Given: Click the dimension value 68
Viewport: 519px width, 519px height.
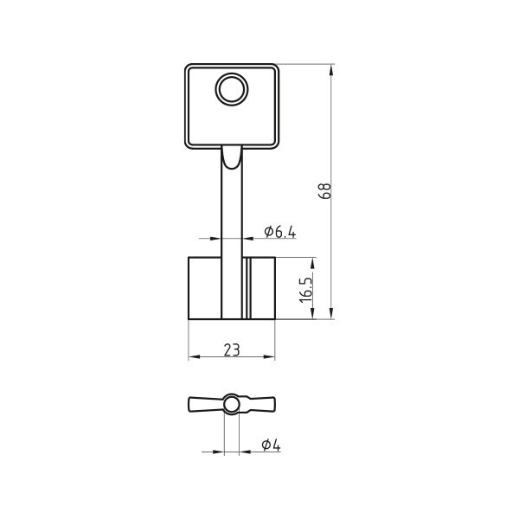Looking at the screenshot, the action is pyautogui.click(x=324, y=190).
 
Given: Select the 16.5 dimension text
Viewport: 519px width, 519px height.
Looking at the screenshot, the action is pyautogui.click(x=306, y=290).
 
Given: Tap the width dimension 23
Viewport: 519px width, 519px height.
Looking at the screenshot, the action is pyautogui.click(x=232, y=349).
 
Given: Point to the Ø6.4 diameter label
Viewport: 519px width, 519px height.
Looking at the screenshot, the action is pyautogui.click(x=280, y=232).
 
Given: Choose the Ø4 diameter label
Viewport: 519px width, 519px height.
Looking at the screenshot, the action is pyautogui.click(x=271, y=445).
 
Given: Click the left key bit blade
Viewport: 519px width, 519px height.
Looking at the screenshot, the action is pyautogui.click(x=204, y=288).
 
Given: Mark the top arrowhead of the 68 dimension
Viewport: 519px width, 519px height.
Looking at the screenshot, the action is pyautogui.click(x=332, y=70).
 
